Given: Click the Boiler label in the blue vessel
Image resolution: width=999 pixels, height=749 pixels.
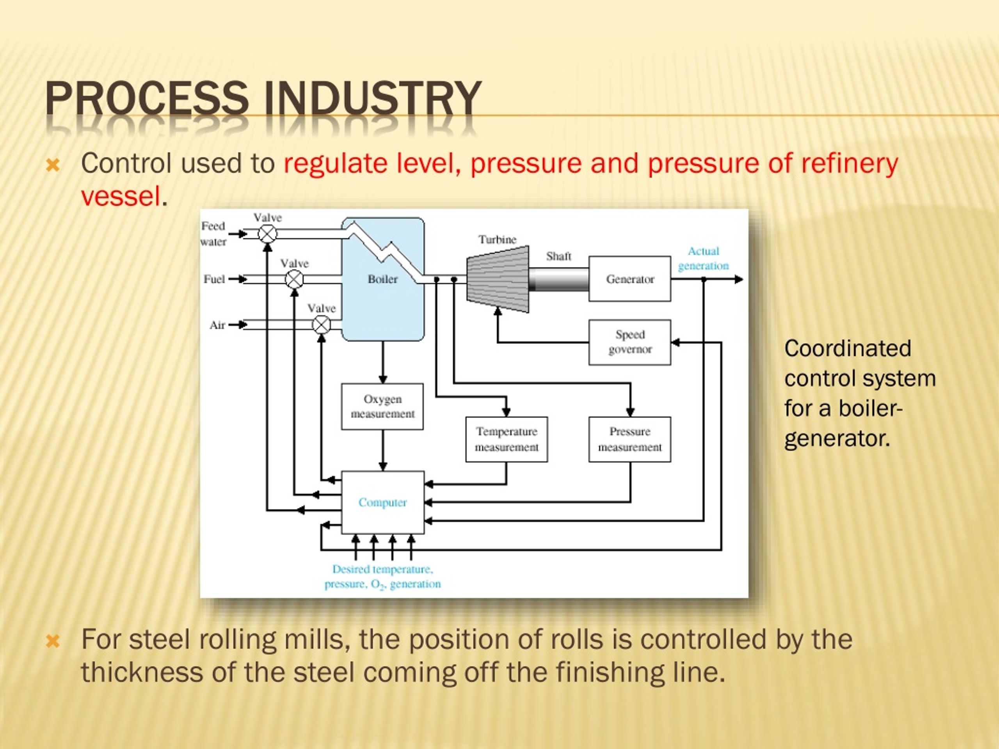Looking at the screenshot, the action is click(x=382, y=279).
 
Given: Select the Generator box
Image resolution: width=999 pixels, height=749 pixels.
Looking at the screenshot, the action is click(x=629, y=279).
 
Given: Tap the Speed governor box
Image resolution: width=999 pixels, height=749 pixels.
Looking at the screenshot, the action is click(x=629, y=342).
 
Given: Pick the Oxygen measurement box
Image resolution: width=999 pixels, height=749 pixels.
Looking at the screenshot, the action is click(x=382, y=406).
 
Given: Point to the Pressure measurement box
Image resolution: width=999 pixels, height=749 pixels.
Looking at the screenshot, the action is click(x=629, y=439).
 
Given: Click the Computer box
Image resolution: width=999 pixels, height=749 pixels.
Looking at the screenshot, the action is click(x=382, y=502).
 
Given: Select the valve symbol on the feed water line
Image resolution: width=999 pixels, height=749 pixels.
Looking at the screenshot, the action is click(x=267, y=234).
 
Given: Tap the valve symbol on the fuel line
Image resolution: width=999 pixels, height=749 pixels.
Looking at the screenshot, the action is click(x=295, y=279).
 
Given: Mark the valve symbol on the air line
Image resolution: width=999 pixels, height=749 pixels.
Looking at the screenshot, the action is click(x=322, y=325).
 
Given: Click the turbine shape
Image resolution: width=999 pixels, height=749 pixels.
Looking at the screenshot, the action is click(x=498, y=279).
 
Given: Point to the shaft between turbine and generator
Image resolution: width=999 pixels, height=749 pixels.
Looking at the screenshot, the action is click(x=559, y=279).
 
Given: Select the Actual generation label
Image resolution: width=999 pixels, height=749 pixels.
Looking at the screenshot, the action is click(x=703, y=258).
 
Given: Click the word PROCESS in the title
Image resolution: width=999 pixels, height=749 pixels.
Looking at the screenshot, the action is click(x=147, y=98).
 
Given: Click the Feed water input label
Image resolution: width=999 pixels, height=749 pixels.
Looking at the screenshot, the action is click(x=213, y=233).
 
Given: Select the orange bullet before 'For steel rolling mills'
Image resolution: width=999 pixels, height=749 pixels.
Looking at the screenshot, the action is click(x=53, y=641).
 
